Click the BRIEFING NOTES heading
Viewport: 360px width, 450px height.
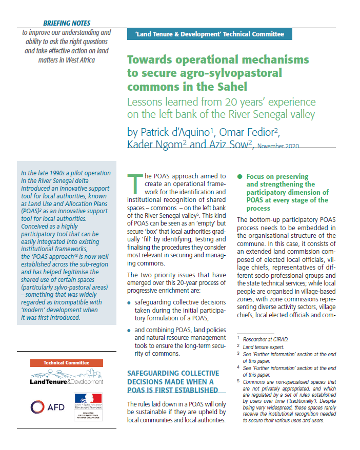[x=66, y=23]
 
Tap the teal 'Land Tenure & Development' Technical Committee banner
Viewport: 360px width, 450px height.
[x=209, y=34]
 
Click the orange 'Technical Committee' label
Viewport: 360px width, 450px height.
[x=67, y=363]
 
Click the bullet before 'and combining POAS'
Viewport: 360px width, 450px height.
[x=129, y=331]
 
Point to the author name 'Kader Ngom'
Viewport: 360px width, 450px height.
[x=154, y=145]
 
